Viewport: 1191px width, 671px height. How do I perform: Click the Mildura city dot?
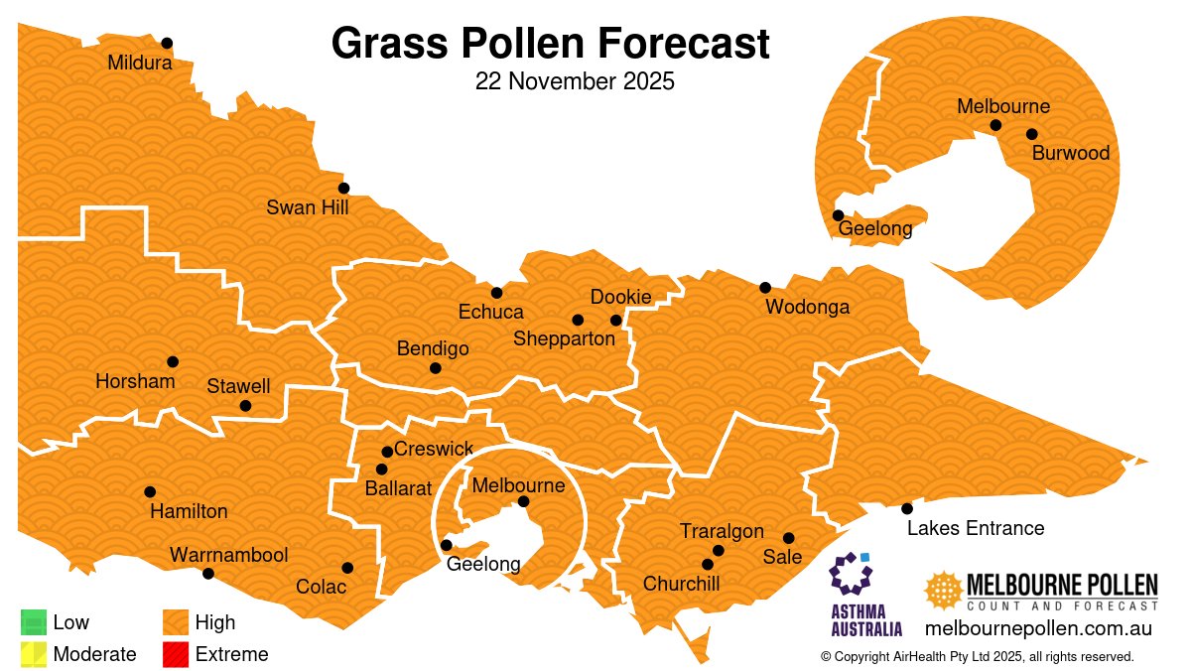[167, 43]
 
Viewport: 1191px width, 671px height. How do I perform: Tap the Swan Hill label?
[308, 207]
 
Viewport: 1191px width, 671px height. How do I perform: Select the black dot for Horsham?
[173, 361]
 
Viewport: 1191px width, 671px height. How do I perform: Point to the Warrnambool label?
[228, 554]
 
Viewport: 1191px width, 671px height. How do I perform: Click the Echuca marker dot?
[497, 293]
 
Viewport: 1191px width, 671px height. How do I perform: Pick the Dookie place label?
[620, 297]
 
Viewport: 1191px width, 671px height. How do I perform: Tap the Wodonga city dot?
[765, 288]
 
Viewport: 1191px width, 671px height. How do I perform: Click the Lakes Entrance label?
[976, 528]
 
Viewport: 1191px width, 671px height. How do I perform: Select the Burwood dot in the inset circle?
[1032, 134]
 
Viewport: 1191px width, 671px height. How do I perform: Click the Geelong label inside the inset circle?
[875, 229]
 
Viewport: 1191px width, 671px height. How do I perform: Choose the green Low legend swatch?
[34, 622]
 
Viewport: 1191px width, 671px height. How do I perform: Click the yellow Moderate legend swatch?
[34, 653]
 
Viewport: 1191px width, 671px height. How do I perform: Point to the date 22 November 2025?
[575, 81]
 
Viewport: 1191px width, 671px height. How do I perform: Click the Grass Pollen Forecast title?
[550, 44]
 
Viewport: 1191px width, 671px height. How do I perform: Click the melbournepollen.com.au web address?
[1037, 628]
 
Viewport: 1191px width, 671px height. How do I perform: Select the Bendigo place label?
[433, 348]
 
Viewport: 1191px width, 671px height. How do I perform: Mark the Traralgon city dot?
[719, 551]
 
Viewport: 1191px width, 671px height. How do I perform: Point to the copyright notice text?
[977, 656]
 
